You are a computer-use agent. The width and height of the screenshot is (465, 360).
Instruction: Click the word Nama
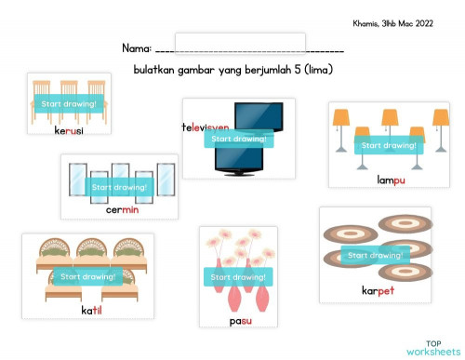coord(136,48)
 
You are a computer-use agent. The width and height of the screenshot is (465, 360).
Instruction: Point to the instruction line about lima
coord(233,70)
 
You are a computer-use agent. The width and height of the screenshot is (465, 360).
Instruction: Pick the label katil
coord(91,309)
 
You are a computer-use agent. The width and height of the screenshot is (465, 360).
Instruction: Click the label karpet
coord(378,290)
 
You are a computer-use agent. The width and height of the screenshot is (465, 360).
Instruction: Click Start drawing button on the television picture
coord(239,139)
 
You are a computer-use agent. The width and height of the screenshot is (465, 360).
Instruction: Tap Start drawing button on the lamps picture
coord(388,146)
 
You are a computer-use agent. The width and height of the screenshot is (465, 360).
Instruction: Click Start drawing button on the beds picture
coord(87,276)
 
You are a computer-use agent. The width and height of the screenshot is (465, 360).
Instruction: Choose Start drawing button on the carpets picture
coord(373,255)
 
